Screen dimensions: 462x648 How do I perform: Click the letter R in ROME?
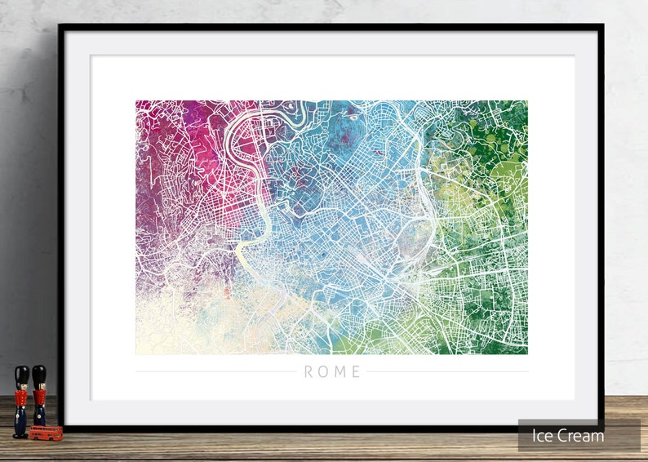(x=308, y=372)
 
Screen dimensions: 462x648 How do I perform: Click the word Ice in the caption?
(x=544, y=436)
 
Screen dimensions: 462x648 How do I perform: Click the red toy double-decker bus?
(x=46, y=431)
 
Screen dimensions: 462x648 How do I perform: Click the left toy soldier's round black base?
(x=20, y=435)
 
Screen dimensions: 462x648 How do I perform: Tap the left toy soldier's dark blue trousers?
(x=20, y=419)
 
